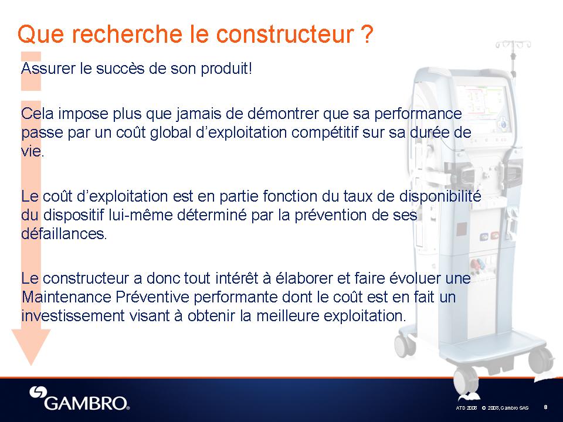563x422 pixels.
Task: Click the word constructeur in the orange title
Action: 285,34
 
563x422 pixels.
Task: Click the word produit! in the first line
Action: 226,68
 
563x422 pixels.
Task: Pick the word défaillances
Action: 64,234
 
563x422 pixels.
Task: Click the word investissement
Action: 73,316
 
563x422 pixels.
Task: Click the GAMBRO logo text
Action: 87,403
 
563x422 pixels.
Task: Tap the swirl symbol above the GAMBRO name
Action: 38,392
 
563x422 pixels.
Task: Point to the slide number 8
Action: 546,407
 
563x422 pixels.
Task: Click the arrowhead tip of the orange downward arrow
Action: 31,365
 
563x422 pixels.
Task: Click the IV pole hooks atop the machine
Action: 514,44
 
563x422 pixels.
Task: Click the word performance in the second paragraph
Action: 418,114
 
